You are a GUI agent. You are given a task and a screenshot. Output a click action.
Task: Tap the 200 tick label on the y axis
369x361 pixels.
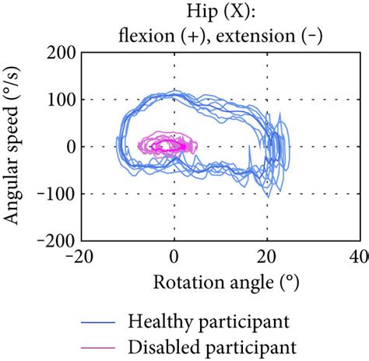coord(61,53)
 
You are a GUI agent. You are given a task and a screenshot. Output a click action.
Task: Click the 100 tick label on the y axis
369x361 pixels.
coord(61,100)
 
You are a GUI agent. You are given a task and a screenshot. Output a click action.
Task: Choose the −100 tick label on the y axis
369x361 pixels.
coord(55,194)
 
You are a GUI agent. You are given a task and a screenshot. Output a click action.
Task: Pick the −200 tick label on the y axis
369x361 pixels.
coord(55,241)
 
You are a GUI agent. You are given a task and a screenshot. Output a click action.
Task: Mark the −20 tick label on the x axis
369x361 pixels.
coord(80,258)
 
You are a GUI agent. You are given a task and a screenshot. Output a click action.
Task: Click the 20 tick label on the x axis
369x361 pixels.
coord(267,258)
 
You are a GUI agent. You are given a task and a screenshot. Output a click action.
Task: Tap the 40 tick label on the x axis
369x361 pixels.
coord(360,258)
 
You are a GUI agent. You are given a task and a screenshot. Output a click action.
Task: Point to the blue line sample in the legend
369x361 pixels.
coord(104,320)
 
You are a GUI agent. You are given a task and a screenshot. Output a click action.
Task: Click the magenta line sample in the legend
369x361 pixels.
coord(104,344)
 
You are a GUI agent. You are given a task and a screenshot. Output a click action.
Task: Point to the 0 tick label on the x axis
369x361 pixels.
coord(174,258)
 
